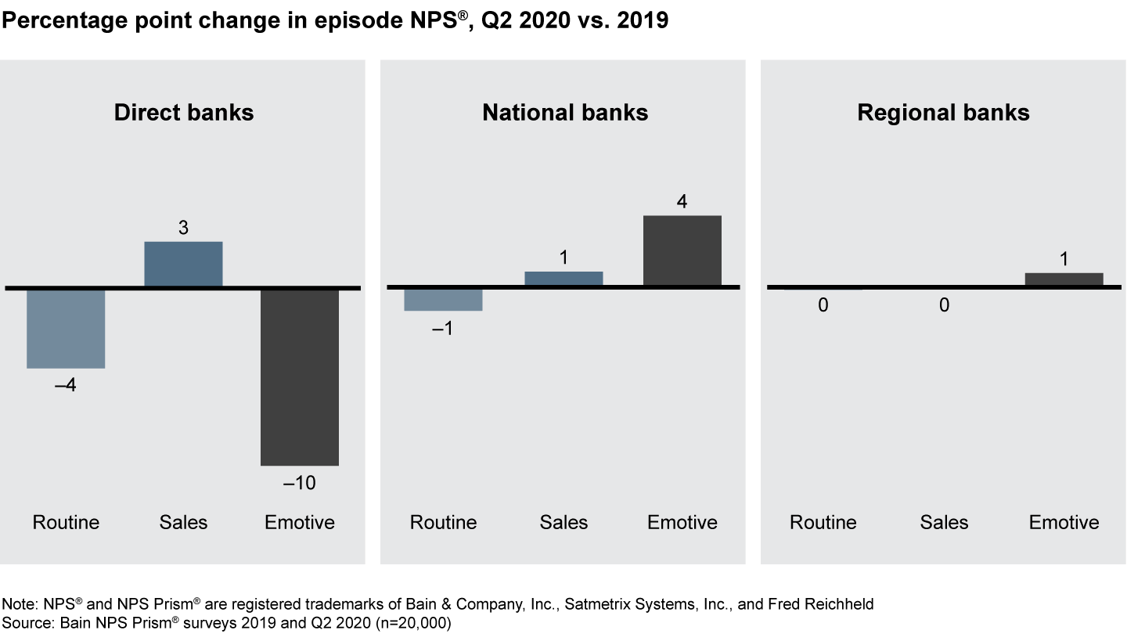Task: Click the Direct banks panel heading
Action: tap(184, 113)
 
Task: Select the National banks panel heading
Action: tap(565, 113)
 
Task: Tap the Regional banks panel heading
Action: tap(943, 113)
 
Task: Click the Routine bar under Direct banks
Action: tap(66, 329)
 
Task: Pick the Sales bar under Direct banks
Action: tap(184, 264)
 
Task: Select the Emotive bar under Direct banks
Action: tap(300, 377)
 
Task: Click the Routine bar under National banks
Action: tap(443, 301)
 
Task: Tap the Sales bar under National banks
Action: tap(563, 279)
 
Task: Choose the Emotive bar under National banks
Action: tap(682, 250)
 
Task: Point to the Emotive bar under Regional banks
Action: tap(1064, 279)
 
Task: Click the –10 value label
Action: tap(299, 484)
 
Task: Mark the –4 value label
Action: tap(65, 386)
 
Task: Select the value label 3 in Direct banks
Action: tap(183, 229)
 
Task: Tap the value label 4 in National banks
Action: tap(682, 202)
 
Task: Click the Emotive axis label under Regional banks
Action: tap(1064, 523)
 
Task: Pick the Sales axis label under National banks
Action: tap(563, 523)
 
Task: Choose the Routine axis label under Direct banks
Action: tap(66, 523)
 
